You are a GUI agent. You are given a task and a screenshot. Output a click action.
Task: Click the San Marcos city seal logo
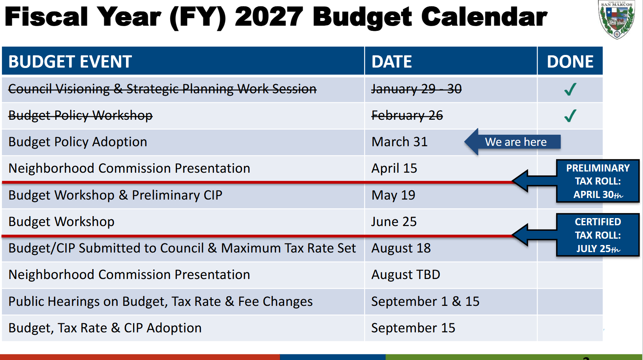coord(617,19)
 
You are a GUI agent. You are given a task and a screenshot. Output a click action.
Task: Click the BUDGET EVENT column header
coord(70,62)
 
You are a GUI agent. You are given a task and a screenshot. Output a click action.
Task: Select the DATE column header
coord(391,62)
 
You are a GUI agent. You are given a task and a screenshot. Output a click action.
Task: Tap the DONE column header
coord(570,62)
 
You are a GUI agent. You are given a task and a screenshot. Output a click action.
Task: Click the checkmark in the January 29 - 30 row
coord(570,89)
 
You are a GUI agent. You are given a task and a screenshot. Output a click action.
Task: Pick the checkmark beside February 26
coord(570,116)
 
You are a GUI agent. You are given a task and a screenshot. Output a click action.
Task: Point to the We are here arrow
coord(512,142)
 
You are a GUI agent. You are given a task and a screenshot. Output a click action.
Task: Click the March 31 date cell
coord(399,142)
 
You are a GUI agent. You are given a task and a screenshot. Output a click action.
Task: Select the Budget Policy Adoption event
coord(78,142)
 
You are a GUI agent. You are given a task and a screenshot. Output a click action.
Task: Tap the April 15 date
coord(394,168)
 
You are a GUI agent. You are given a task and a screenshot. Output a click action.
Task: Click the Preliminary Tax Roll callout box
coord(598,181)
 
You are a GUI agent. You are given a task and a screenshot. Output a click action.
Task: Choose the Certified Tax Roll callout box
coord(598,235)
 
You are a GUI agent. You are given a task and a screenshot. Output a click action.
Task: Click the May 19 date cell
coord(393,195)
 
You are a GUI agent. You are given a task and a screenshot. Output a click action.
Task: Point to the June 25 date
coord(394,222)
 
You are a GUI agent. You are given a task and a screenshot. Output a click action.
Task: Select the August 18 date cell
coord(401,248)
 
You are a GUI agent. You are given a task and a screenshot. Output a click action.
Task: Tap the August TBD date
coord(406,275)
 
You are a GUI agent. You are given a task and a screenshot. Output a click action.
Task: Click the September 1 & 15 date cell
coord(425,302)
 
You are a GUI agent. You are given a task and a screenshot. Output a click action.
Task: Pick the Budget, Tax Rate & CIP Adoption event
coord(105,328)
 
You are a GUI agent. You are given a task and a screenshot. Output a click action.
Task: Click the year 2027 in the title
coord(269,17)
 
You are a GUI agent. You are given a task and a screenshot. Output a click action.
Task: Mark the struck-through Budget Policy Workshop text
coord(81,116)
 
